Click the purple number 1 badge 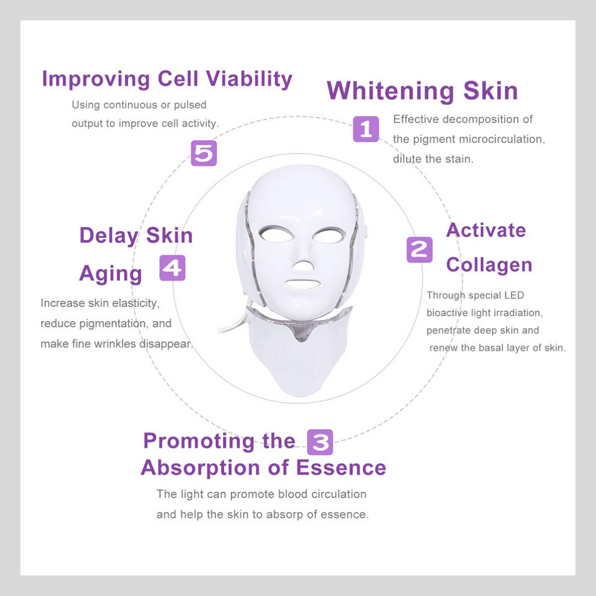[366, 129]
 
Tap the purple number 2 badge [419, 250]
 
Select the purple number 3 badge [320, 442]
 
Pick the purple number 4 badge [172, 268]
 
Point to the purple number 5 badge [204, 153]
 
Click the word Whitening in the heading [390, 91]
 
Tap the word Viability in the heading [249, 79]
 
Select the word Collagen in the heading [489, 265]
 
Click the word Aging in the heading [110, 274]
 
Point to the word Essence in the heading [341, 467]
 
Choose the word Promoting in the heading [199, 441]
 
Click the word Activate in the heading [486, 230]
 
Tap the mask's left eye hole [276, 234]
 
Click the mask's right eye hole [329, 235]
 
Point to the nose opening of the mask [303, 266]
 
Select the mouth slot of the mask [302, 285]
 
